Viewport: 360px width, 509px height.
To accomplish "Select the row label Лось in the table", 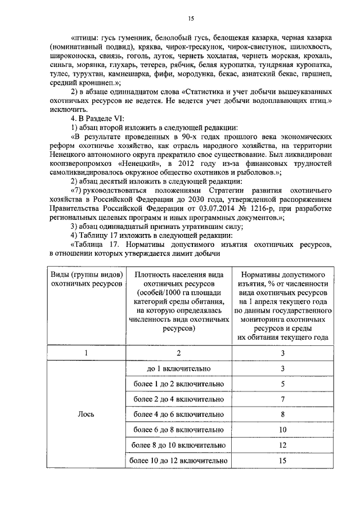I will click(x=85, y=415).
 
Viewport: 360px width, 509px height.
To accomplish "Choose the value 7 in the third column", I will click(x=283, y=399).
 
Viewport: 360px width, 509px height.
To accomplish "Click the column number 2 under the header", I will click(x=178, y=353).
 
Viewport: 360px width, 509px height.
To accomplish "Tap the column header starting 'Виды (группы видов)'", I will click(x=85, y=279).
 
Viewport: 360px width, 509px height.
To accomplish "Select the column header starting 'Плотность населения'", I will click(x=178, y=301).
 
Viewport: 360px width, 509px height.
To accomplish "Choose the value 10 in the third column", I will click(x=283, y=430).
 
